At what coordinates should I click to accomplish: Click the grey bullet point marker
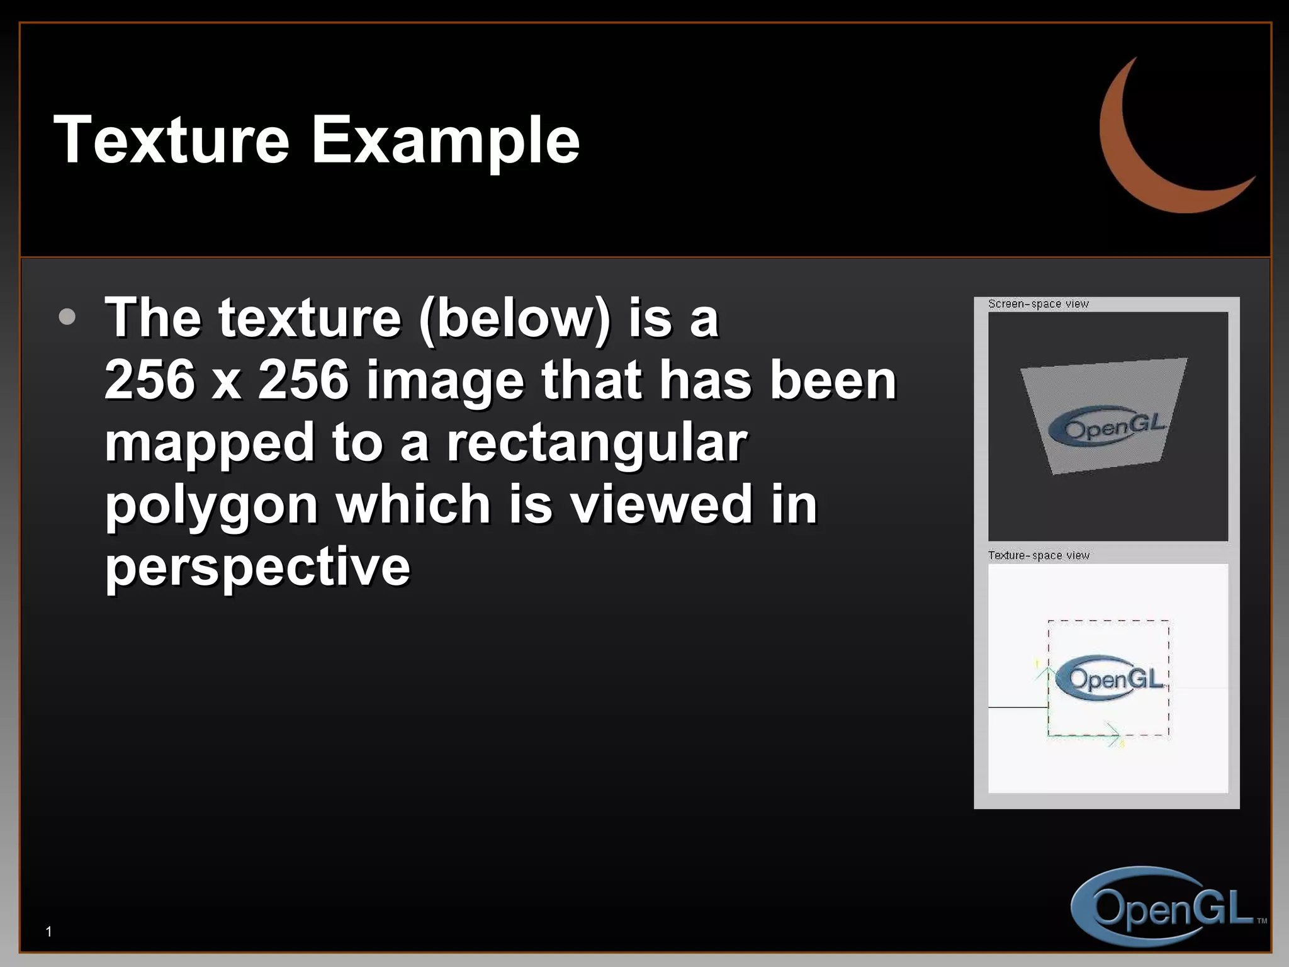click(x=67, y=317)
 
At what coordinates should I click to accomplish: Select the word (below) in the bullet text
click(x=514, y=318)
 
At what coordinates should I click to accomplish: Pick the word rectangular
click(x=597, y=442)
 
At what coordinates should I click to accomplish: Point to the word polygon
click(x=211, y=506)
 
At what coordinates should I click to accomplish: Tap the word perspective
click(x=257, y=566)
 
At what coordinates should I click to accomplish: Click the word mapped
click(x=209, y=442)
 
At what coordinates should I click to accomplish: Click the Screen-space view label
click(x=1038, y=304)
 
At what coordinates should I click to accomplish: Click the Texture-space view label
click(x=1039, y=555)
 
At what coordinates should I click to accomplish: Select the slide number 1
click(x=49, y=932)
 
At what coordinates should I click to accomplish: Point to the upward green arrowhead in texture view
click(x=1048, y=671)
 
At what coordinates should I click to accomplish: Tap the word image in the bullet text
click(x=444, y=380)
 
